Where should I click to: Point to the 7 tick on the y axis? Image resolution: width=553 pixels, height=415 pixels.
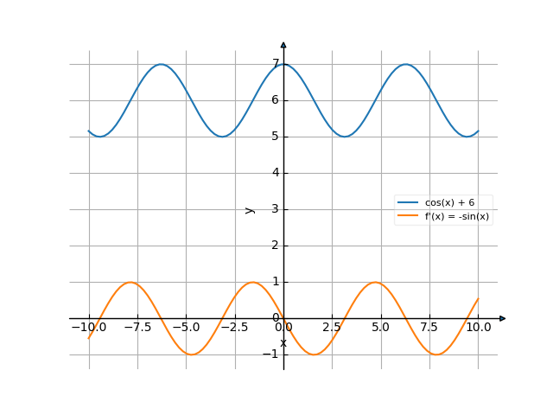click(276, 64)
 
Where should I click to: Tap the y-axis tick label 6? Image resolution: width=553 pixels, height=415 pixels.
click(276, 100)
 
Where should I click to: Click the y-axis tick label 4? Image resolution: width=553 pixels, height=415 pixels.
click(276, 173)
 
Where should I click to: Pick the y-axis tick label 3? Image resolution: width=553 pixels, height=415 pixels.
click(276, 209)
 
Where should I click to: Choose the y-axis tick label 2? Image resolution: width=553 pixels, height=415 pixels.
click(276, 246)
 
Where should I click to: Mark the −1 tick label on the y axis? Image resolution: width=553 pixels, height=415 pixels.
click(273, 354)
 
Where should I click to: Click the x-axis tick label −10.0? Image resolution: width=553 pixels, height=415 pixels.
click(89, 329)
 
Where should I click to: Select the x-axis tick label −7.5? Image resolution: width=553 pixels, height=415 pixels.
click(137, 329)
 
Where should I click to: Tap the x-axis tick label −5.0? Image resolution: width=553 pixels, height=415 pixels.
click(186, 329)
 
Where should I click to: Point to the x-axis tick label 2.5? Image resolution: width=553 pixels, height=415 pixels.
click(332, 329)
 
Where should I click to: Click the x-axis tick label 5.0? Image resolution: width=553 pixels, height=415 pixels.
click(380, 329)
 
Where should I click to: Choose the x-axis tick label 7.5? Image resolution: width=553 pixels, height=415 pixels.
click(429, 329)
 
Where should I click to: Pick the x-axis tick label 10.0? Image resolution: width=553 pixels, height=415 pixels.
click(478, 329)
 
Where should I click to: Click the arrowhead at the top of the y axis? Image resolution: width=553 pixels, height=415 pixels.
click(283, 45)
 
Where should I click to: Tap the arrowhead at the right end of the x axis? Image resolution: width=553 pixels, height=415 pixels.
click(502, 318)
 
